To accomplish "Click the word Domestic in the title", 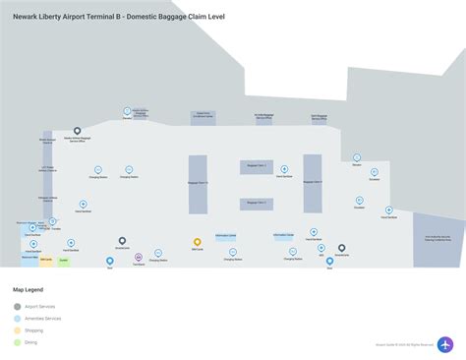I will tap(147, 16).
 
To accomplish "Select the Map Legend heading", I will tap(28, 290).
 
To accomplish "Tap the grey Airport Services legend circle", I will tap(17, 306).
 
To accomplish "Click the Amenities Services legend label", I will tap(43, 319).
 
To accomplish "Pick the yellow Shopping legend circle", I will tap(17, 330).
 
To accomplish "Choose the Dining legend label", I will tap(30, 342).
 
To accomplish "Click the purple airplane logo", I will tap(445, 345).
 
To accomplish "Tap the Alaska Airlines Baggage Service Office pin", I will tap(78, 131).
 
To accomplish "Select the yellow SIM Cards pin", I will tap(197, 241).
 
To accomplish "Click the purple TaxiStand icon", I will tap(138, 258).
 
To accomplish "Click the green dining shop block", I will tap(64, 260).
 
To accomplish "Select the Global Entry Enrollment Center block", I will tap(204, 116).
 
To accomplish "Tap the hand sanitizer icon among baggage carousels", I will tap(284, 168).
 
